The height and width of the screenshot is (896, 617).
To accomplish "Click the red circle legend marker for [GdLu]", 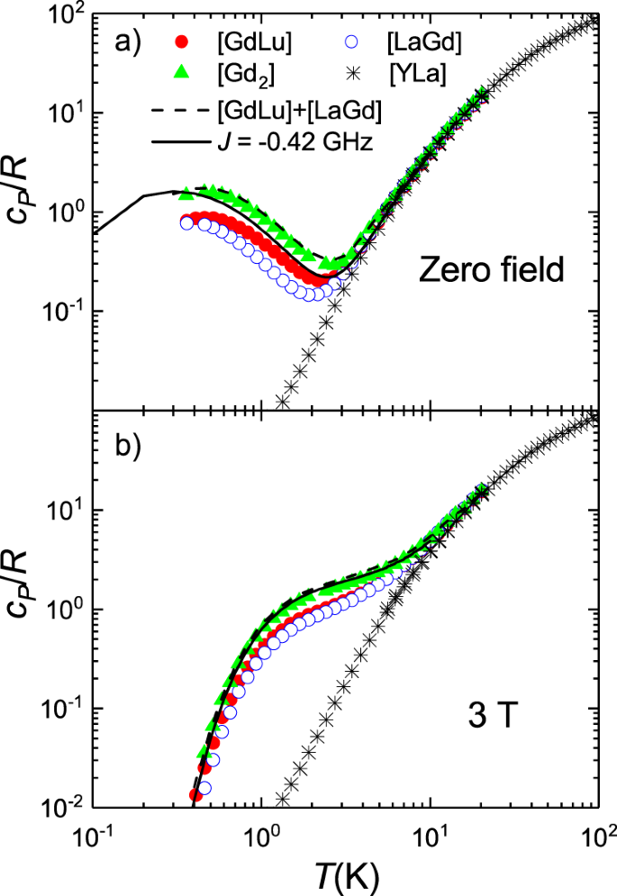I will point(182,41).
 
